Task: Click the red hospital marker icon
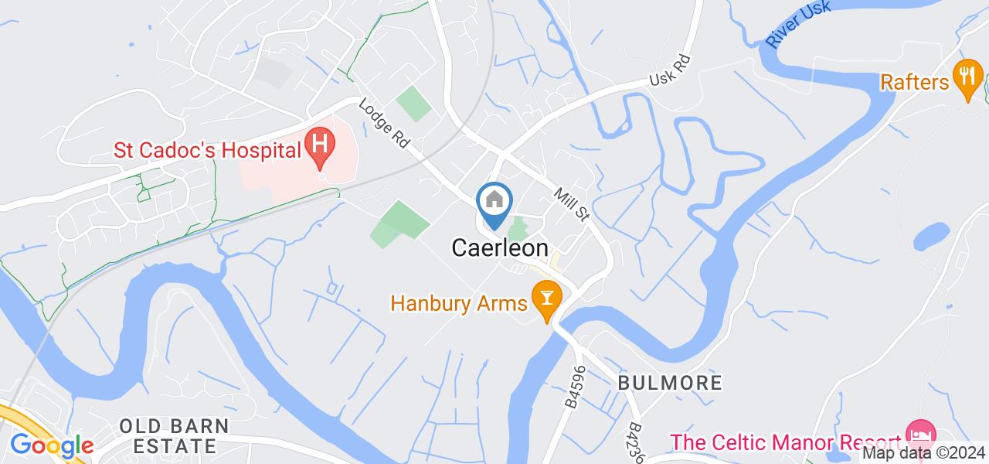pos(319,145)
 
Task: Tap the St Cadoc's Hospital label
pos(207,148)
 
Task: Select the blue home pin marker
pos(494,203)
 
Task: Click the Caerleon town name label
pos(500,248)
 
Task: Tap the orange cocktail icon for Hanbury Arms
pos(547,299)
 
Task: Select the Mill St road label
pos(570,203)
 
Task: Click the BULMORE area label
pos(670,382)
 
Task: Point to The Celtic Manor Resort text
pos(787,443)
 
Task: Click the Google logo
pos(51,445)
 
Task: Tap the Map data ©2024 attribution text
pos(923,453)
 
